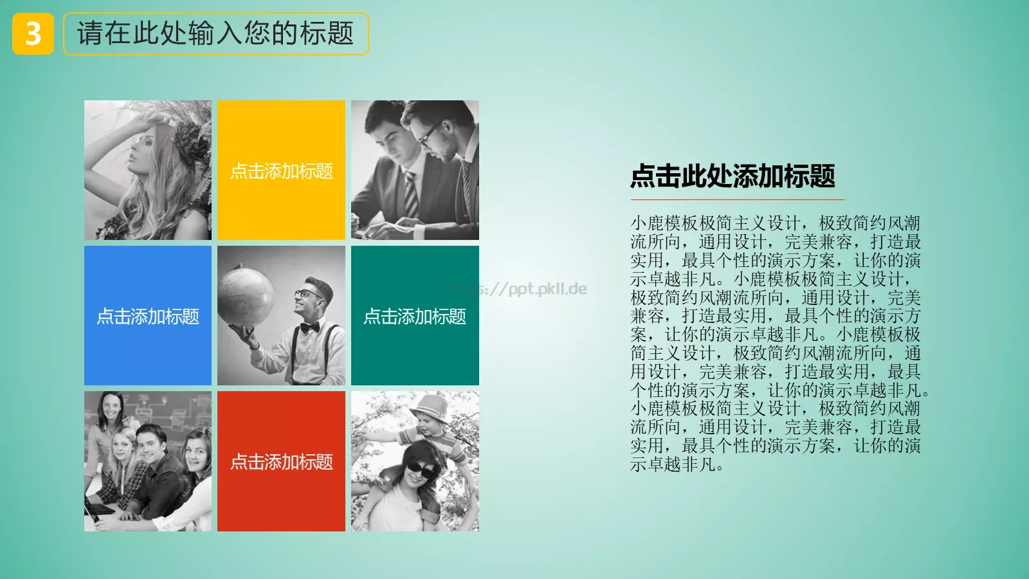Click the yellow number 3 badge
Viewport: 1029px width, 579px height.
[33, 34]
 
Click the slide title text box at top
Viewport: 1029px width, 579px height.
[215, 33]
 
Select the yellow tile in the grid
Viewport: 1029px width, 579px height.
[281, 170]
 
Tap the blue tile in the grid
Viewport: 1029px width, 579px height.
[148, 315]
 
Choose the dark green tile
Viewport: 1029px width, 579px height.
[415, 315]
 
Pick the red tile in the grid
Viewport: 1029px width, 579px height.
[281, 461]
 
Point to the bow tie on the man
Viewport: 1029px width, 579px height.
[309, 327]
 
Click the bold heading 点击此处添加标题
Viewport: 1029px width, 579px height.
[733, 176]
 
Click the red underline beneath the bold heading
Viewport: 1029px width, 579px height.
[736, 199]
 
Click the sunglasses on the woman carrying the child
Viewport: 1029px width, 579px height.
[420, 470]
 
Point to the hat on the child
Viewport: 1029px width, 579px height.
[432, 407]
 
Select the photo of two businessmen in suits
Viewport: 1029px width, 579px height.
[415, 170]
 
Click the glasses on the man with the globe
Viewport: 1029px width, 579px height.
[309, 294]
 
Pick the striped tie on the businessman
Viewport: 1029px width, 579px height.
[410, 194]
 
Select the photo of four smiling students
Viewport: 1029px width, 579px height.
[148, 461]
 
